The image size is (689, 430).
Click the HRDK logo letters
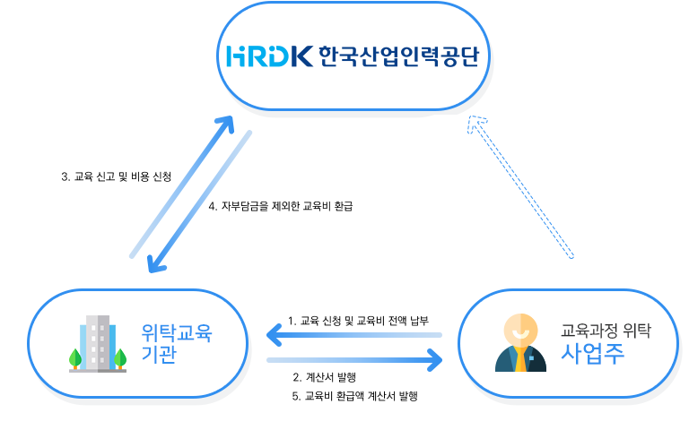[268, 56]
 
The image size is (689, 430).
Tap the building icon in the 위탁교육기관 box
[98, 343]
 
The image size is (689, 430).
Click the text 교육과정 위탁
[606, 330]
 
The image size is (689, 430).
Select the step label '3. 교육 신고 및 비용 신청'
[116, 176]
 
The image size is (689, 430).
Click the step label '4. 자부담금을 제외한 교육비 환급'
[281, 206]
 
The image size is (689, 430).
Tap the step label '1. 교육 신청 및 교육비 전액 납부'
[359, 320]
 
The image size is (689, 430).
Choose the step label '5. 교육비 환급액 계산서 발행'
[355, 395]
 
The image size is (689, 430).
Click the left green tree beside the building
[75, 358]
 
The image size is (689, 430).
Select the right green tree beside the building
[119, 358]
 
